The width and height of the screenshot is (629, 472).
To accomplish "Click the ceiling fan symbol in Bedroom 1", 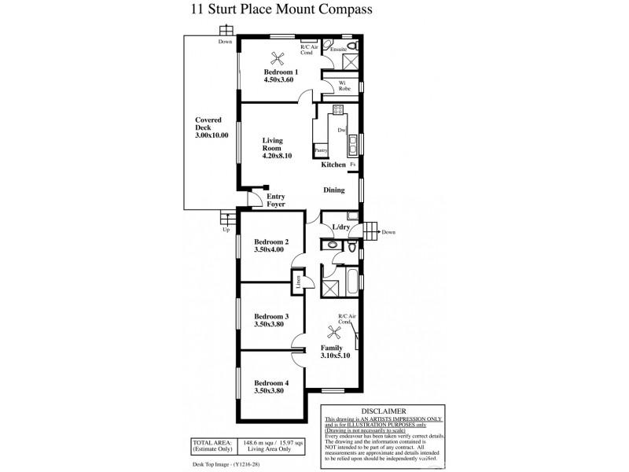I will [276, 57].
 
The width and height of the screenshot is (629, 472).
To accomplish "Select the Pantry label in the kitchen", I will [320, 149].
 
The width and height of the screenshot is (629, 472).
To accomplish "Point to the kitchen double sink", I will [354, 144].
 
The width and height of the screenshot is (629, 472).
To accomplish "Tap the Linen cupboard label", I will [300, 281].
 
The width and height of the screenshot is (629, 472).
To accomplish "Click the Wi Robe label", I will [344, 85].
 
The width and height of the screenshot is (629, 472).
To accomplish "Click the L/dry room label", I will [341, 227].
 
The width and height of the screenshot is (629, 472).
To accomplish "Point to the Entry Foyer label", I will [275, 200].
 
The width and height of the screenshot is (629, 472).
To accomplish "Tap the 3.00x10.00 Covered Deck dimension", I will [212, 136].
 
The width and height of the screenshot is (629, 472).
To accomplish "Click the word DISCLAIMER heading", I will [383, 411].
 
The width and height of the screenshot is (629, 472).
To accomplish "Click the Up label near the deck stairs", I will [226, 230].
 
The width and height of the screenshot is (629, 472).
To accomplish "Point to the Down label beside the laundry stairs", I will [388, 232].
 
